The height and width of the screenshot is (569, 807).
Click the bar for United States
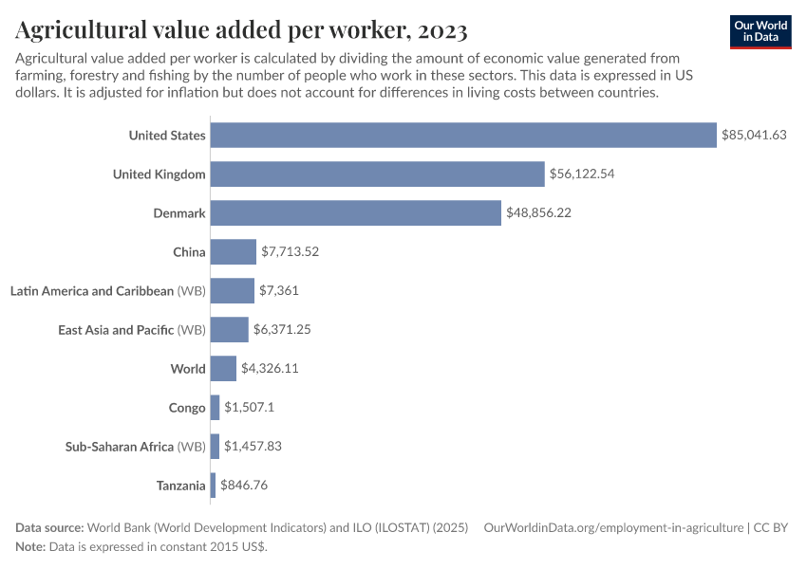coord(463,135)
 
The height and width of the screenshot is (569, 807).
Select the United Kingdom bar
coord(378,174)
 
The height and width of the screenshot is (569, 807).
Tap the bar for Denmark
coord(355,212)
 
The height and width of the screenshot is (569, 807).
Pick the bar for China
coord(234,251)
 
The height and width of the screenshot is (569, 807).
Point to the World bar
coord(223,368)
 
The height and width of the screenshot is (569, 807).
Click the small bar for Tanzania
coord(213,485)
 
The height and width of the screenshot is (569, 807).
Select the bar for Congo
coord(215,407)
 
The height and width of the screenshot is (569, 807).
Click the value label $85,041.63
coord(754,135)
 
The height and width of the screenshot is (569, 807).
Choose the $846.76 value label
coord(245,485)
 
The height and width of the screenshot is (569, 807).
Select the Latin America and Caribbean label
coord(92,290)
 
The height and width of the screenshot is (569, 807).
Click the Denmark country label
coord(179,212)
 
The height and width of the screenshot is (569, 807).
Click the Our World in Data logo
coord(760,31)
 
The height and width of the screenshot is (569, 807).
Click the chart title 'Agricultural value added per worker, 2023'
coord(241,30)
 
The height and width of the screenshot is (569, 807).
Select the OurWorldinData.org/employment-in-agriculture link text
coord(612,527)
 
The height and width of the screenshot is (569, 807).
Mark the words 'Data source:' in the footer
coord(49,527)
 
